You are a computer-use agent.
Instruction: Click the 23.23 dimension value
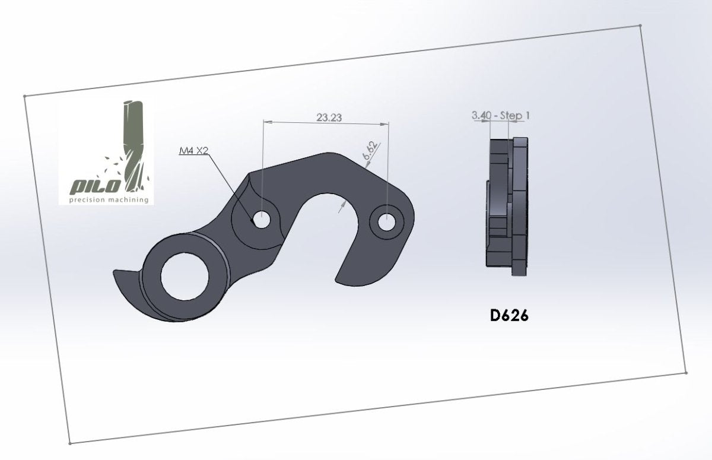329,118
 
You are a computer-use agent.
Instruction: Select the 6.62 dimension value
370,151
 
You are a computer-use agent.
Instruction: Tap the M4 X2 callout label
193,150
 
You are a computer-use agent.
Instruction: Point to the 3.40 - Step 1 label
501,115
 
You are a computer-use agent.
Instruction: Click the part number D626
509,316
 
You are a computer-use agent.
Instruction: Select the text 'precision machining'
109,200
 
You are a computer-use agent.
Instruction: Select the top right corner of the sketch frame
641,26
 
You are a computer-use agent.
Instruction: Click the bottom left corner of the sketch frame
70,443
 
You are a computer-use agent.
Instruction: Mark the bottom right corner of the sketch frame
686,373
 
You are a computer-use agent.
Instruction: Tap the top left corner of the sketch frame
24,96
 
